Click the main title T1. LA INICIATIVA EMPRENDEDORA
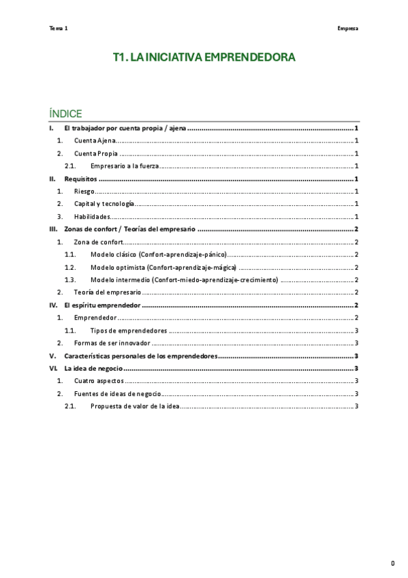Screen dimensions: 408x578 point(204,58)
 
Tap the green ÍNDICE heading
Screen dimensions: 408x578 point(66,113)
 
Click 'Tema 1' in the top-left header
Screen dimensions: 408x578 point(59,29)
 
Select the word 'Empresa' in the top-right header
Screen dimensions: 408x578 point(347,29)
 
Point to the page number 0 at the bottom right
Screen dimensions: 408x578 point(392,563)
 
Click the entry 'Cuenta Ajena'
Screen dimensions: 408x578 point(95,140)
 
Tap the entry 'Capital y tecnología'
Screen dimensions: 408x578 point(104,204)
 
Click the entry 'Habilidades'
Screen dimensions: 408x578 point(92,217)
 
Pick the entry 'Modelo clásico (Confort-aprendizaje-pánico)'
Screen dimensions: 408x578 point(158,254)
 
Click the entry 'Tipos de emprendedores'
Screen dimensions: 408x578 point(129,331)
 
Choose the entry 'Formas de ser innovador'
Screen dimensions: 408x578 point(112,343)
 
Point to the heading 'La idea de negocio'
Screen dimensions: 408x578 point(94,368)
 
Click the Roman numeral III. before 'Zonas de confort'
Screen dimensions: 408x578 point(53,229)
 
